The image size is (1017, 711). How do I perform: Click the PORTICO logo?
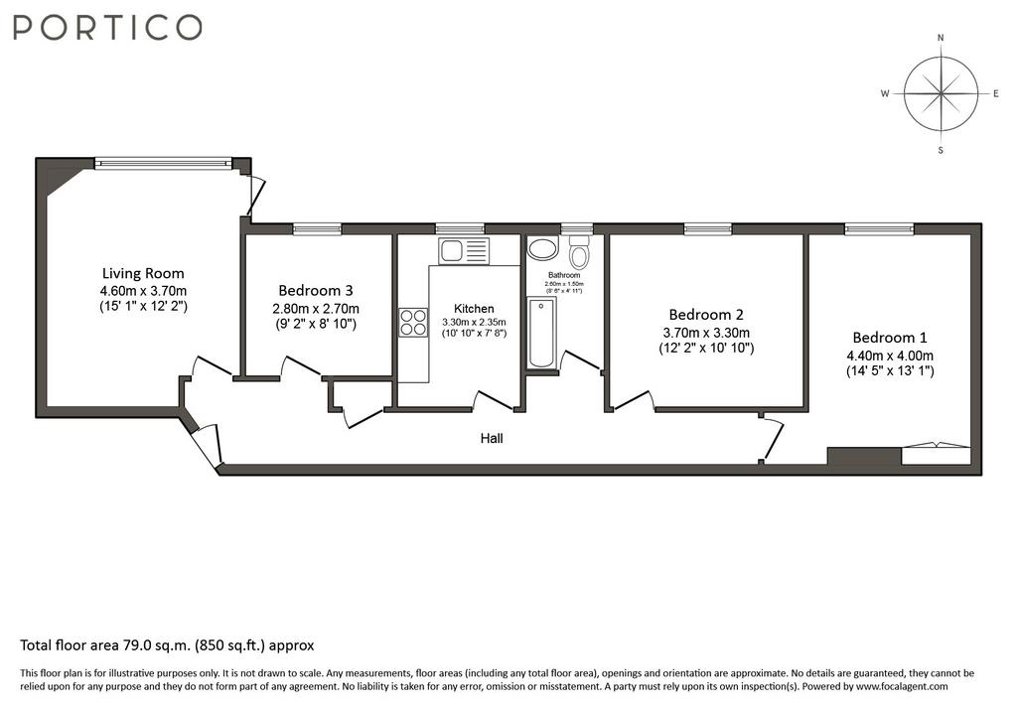[x=107, y=27]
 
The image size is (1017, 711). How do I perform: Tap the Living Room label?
[x=143, y=273]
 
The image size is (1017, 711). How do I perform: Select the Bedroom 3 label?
[x=316, y=290]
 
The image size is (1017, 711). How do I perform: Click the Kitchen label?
[x=474, y=309]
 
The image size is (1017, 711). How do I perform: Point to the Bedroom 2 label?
[x=706, y=315]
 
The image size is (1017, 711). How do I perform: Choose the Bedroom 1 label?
[x=890, y=338]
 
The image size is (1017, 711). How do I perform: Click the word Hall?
[x=492, y=439]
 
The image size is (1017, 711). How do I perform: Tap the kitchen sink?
[x=463, y=251]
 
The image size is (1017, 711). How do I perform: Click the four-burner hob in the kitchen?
[x=413, y=323]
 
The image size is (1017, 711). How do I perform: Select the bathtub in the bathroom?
[x=541, y=333]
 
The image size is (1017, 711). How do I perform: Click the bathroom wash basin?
[x=542, y=248]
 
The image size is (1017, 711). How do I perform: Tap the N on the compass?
[x=941, y=38]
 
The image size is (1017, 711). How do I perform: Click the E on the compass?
[x=996, y=94]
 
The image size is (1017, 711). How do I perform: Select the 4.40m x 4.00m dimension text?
[x=890, y=355]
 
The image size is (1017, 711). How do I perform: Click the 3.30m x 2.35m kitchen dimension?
[x=474, y=322]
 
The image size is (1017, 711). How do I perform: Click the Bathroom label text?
[x=564, y=275]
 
